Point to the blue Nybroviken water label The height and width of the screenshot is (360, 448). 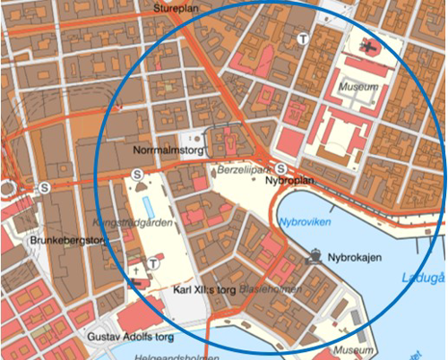click(x=302, y=220)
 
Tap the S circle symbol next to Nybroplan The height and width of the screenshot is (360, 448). click(x=280, y=167)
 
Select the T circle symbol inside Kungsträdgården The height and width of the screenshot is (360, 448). click(x=154, y=262)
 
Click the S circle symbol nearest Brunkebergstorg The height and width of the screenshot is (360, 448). click(x=44, y=188)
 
